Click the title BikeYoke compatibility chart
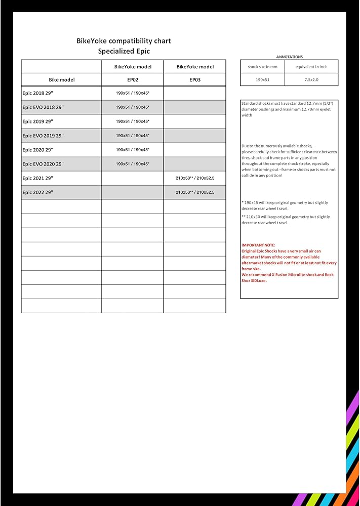[x=124, y=40]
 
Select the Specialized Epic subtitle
[x=124, y=51]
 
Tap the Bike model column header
[x=61, y=80]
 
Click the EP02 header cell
[x=132, y=80]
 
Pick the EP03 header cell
[x=195, y=80]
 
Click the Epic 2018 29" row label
[x=37, y=93]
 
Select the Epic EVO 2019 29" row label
[x=43, y=136]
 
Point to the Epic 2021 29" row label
[x=37, y=178]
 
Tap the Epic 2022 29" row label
[x=37, y=192]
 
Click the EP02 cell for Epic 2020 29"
[x=132, y=150]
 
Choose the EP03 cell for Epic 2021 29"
[x=195, y=178]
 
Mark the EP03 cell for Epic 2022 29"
[x=195, y=192]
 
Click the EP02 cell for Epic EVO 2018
[x=132, y=107]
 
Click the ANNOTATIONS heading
[x=289, y=57]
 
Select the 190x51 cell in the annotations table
[x=262, y=79]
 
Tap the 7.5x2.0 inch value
[x=311, y=79]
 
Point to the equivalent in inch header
[x=311, y=67]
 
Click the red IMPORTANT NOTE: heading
[x=258, y=245]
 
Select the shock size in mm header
[x=262, y=67]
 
